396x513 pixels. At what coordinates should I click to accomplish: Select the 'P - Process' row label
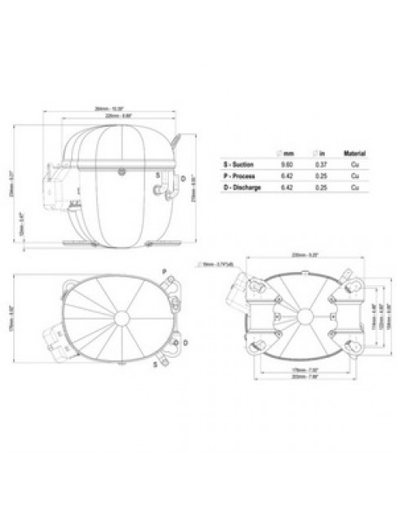(x=238, y=176)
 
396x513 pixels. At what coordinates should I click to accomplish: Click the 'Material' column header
(x=354, y=152)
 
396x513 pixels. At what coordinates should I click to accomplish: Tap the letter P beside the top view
(x=163, y=270)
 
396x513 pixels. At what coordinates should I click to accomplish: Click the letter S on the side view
(x=158, y=175)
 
